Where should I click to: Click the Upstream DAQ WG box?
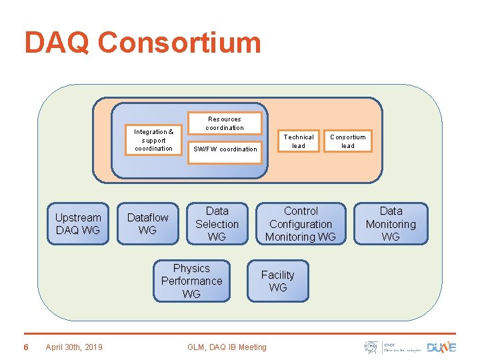[78, 224]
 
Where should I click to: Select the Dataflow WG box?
[147, 224]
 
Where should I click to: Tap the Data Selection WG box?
[217, 224]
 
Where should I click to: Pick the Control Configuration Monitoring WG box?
[301, 224]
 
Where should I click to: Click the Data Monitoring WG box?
[391, 224]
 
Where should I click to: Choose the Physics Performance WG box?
[191, 281]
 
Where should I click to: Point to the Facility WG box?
[278, 281]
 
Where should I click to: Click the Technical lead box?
[299, 141]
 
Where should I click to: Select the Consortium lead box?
[348, 141]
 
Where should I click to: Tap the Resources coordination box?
[224, 123]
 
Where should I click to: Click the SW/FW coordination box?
[225, 149]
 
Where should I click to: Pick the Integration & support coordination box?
[153, 140]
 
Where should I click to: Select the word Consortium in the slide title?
[179, 43]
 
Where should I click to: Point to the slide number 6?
[25, 347]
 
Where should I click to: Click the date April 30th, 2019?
[74, 347]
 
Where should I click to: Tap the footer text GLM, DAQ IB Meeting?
[227, 347]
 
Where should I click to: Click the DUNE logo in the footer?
[442, 347]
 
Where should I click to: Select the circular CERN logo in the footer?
[371, 347]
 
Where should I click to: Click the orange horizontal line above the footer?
[240, 333]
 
